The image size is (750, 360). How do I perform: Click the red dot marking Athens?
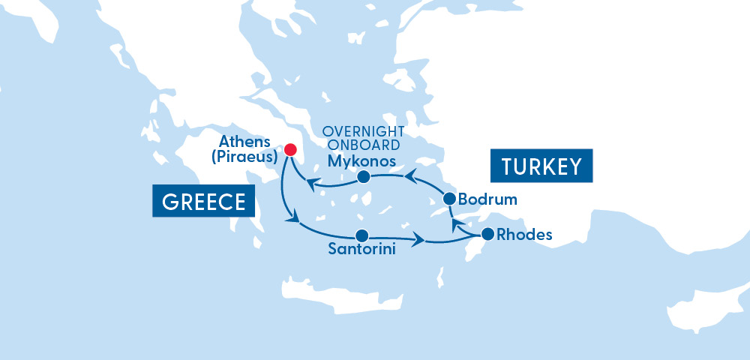tap(290, 148)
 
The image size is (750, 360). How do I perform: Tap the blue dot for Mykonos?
tap(363, 178)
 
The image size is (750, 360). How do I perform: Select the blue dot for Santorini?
tap(361, 235)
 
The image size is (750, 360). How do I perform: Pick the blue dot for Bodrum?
tap(449, 199)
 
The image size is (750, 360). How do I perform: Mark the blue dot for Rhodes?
tap(487, 233)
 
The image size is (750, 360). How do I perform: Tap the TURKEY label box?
tap(541, 166)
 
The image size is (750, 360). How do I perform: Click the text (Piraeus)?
tap(244, 157)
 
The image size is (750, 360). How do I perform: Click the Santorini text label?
tap(361, 250)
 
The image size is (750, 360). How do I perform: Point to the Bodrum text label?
tap(487, 201)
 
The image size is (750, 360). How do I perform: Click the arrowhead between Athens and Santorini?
tap(294, 220)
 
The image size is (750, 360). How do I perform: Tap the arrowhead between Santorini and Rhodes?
tap(418, 240)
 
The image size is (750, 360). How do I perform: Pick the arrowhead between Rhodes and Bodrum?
tap(457, 224)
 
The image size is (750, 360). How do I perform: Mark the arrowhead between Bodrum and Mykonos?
tap(411, 177)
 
